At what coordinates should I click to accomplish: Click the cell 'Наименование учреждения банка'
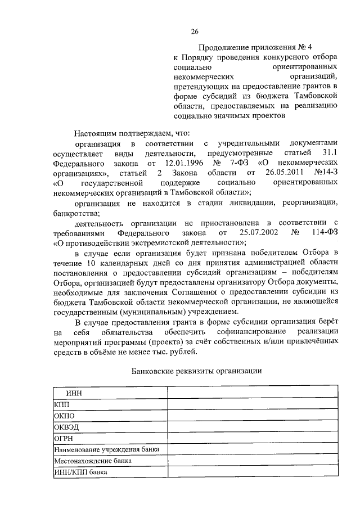[x=106, y=450]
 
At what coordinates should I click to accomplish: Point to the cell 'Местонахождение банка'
[x=92, y=461]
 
